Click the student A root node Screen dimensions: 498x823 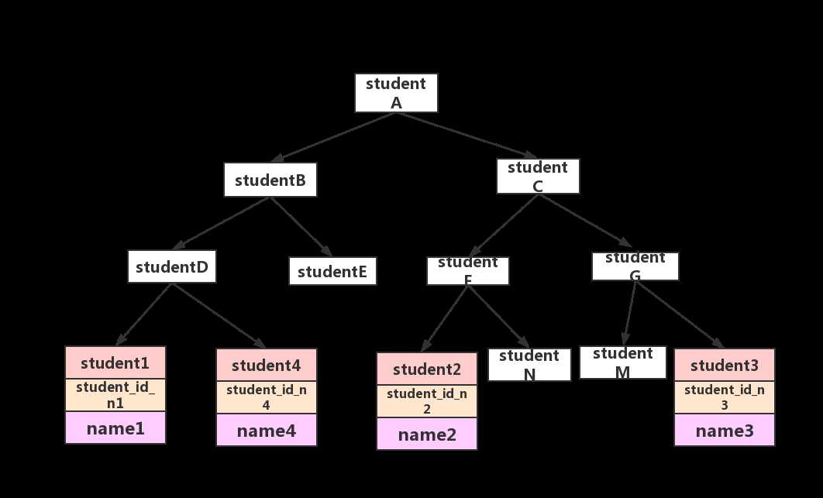[x=396, y=93]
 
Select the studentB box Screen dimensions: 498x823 [x=270, y=180]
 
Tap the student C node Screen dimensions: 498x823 [x=538, y=176]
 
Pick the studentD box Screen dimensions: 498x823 [x=172, y=267]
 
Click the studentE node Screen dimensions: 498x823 [x=332, y=271]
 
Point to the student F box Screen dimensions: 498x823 [x=467, y=270]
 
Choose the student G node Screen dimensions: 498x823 [x=635, y=266]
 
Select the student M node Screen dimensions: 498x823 [x=622, y=362]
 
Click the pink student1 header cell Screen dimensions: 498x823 [x=115, y=362]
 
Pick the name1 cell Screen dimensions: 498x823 [x=115, y=428]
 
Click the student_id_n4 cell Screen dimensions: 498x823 [x=266, y=394]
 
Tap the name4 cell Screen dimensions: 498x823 [x=266, y=431]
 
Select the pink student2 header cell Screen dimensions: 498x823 [x=427, y=368]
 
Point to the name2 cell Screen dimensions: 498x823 [x=427, y=434]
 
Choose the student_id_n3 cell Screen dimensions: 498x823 [x=724, y=396]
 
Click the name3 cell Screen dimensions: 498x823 [x=724, y=431]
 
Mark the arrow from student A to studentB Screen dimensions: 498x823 [x=333, y=136]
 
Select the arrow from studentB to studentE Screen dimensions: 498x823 [x=301, y=226]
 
